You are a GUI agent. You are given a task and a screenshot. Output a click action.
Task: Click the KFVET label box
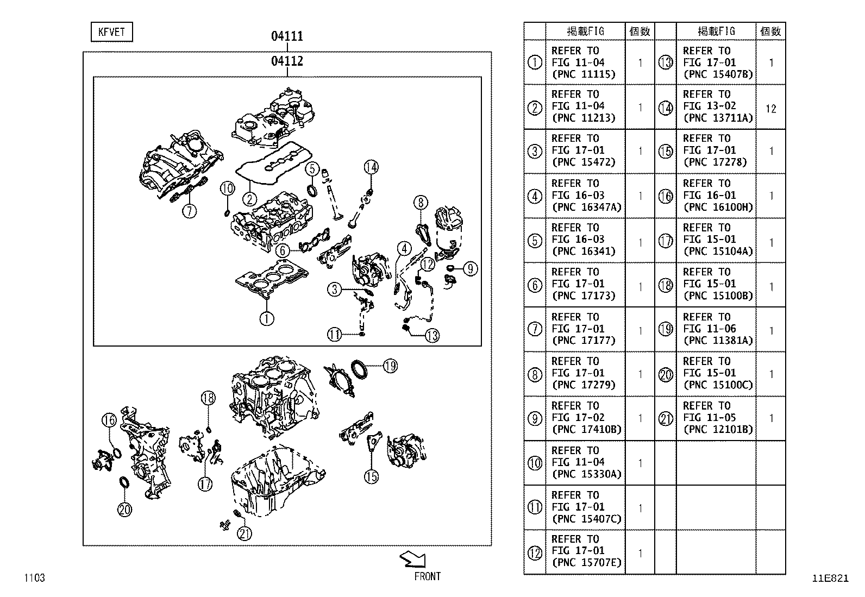(111, 32)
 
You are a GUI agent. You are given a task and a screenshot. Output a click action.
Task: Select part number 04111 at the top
(287, 36)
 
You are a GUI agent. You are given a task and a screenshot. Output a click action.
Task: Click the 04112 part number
(287, 61)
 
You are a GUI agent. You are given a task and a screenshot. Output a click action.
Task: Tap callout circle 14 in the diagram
(371, 167)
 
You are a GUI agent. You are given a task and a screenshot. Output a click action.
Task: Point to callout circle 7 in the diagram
(189, 210)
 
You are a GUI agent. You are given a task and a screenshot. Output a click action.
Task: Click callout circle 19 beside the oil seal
(390, 366)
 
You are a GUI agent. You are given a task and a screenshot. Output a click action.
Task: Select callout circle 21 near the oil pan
(245, 533)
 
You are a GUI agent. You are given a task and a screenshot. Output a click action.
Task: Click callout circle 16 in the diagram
(109, 420)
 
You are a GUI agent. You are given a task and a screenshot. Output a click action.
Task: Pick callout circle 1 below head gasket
(266, 318)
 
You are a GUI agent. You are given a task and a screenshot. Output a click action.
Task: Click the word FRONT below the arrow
(427, 576)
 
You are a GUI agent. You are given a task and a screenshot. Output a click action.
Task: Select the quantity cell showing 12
(770, 109)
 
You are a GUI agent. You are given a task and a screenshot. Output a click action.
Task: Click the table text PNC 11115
(583, 74)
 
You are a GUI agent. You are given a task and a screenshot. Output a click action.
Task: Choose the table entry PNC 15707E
(586, 563)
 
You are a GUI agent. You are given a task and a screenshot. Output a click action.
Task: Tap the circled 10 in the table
(535, 463)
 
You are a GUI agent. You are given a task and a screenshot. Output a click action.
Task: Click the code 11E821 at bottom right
(830, 578)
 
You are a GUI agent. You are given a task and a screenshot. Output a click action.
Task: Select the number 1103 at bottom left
(34, 578)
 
